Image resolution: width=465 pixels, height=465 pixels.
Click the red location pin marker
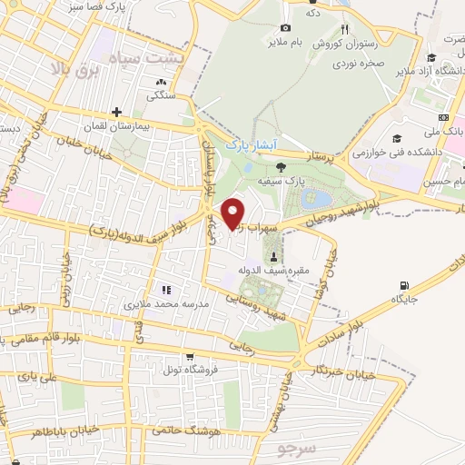click(x=232, y=212)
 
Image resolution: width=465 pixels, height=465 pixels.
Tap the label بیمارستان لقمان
click(x=119, y=125)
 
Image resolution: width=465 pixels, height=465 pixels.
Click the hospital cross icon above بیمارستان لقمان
click(x=117, y=112)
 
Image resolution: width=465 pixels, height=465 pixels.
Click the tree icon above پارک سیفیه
click(x=280, y=166)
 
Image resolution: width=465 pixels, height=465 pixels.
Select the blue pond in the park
click(x=321, y=198)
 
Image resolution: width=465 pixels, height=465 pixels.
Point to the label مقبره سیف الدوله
click(x=274, y=271)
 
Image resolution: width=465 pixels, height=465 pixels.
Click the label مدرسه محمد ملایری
click(x=167, y=302)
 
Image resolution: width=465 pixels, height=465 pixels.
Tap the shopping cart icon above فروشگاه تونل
click(x=189, y=357)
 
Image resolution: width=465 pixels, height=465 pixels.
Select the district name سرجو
click(x=291, y=450)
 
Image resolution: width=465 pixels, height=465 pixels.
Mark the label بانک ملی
click(x=450, y=132)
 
